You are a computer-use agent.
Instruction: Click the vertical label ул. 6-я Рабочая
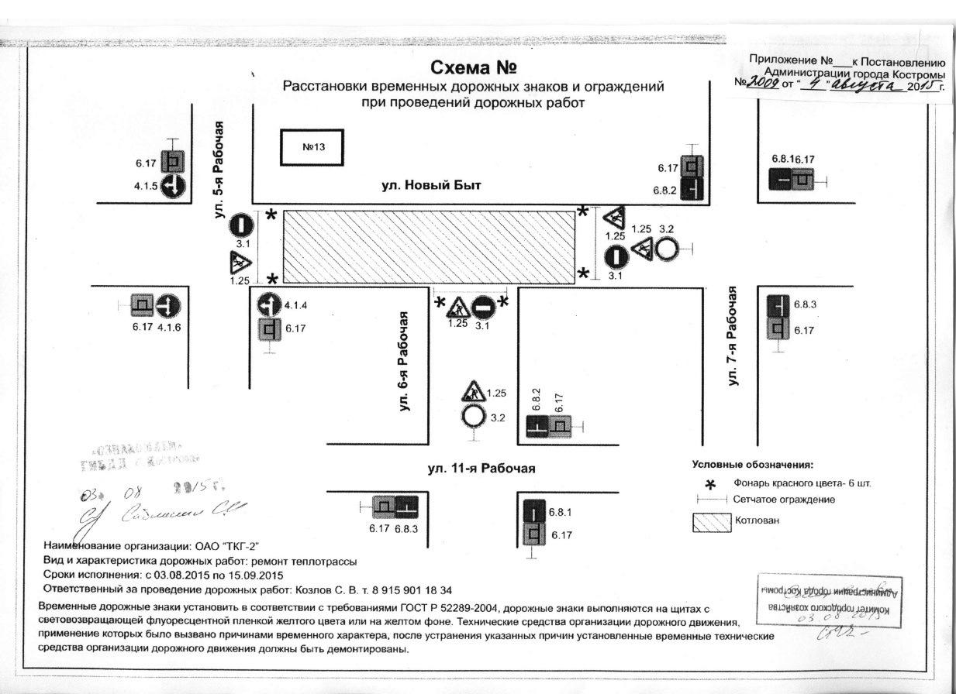[x=403, y=362]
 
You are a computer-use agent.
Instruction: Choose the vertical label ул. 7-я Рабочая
[x=732, y=335]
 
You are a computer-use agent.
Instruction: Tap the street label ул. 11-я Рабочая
[x=481, y=469]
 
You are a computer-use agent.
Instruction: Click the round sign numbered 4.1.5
[x=172, y=186]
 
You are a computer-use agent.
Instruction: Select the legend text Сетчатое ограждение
[x=784, y=500]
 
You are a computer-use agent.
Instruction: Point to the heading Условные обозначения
[x=752, y=466]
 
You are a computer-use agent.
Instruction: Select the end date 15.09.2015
[x=261, y=575]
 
